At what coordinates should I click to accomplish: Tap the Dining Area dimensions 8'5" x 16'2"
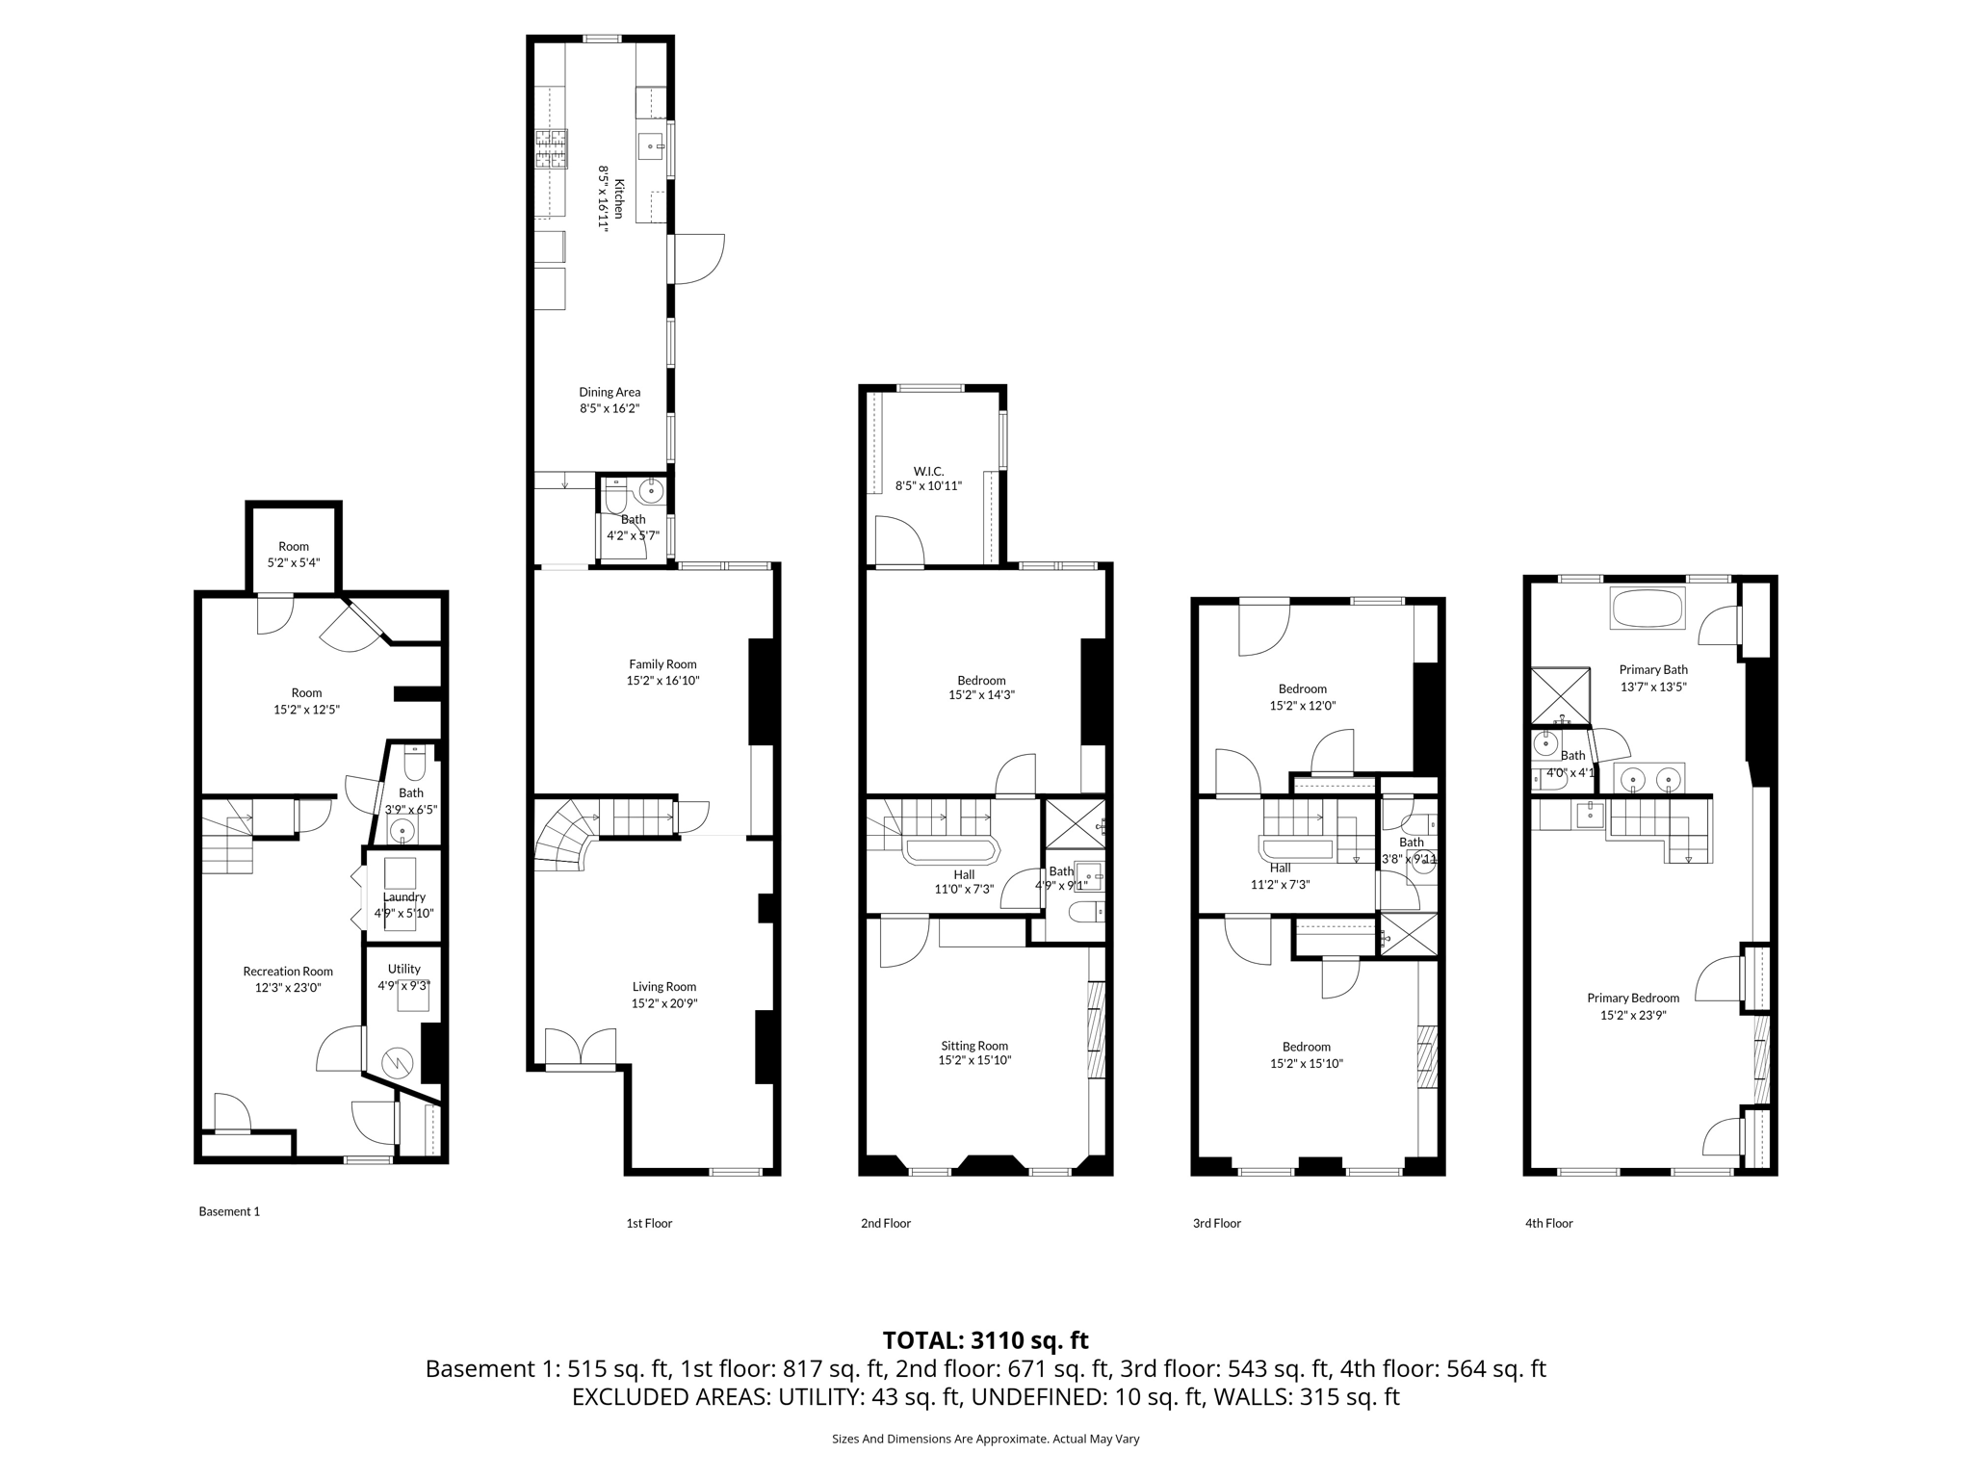coord(609,408)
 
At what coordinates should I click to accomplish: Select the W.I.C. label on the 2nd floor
coord(928,471)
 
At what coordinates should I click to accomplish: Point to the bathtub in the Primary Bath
coord(1648,609)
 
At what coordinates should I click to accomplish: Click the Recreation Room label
coord(288,972)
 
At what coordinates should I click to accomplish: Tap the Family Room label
coord(662,664)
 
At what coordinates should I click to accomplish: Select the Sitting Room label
coord(974,1046)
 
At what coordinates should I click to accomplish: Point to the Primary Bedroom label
coord(1633,999)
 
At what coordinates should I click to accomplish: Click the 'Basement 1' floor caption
coord(229,1211)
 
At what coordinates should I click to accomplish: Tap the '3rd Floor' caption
coord(1216,1223)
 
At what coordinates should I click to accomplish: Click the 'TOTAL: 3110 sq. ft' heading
coord(985,1340)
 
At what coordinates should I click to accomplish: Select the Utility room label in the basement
coord(404,969)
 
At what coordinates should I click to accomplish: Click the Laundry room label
coord(403,896)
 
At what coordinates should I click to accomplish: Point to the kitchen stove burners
coord(552,149)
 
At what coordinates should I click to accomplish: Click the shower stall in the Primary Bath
coord(1560,695)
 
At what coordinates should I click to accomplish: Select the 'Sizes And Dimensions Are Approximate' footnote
coord(985,1439)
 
